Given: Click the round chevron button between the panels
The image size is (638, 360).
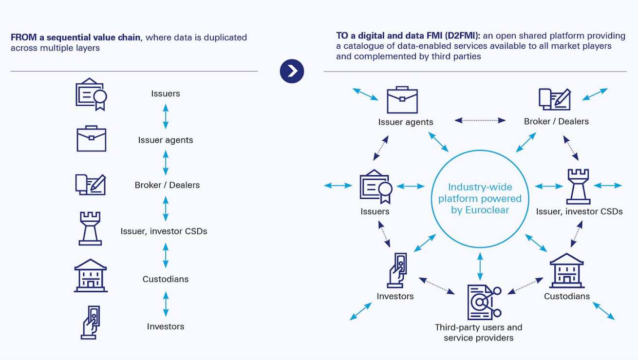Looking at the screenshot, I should [292, 71].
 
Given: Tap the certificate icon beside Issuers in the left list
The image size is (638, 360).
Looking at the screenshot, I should [91, 94].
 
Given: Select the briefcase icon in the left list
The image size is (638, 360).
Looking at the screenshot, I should [91, 139].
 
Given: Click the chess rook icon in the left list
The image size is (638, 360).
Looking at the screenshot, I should [90, 228].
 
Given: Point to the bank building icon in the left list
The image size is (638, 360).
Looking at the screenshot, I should [91, 275].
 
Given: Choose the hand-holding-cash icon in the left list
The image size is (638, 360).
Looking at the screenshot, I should [91, 322].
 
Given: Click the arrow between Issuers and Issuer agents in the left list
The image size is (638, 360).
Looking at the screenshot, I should [166, 116].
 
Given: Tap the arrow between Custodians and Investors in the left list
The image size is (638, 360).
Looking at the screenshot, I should [166, 303].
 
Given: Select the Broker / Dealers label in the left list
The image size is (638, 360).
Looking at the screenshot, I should [167, 185].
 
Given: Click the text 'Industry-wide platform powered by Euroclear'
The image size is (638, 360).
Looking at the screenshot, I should [480, 198].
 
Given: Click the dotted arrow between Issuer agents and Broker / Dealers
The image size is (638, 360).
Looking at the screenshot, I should [480, 120].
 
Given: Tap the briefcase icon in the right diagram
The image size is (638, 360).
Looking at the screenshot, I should [402, 100].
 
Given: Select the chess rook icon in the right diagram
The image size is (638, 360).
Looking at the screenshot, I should [578, 186].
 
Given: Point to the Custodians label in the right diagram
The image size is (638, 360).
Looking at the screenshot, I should [567, 296].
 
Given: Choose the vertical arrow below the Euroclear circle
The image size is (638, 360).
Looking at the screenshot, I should [480, 266].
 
